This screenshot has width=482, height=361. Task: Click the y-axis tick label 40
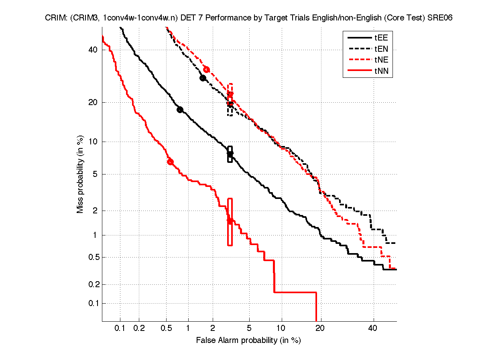pos(93,50)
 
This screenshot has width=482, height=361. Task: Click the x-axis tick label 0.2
pos(139,329)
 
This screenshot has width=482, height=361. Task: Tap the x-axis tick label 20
pos(319,329)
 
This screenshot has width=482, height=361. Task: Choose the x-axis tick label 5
pos(249,329)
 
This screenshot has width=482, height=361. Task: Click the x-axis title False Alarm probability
pos(248,341)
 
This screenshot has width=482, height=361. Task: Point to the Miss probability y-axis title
pos(80,175)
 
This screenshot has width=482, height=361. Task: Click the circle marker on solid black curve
pos(180,110)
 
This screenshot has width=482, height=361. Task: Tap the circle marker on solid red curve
pos(170,162)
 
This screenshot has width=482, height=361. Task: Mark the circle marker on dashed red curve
pos(207,69)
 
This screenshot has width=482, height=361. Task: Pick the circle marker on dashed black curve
pos(203,78)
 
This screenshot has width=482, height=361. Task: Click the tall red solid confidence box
pos(230,221)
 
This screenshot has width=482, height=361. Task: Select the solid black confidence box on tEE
pos(230,154)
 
